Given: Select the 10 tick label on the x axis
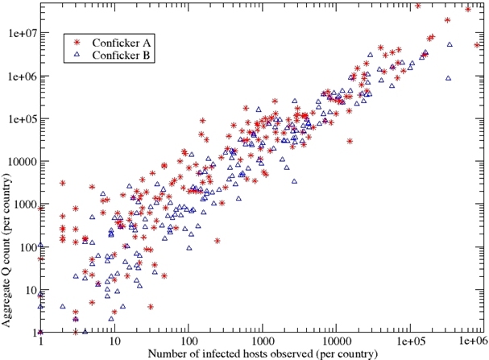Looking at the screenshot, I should click(114, 341).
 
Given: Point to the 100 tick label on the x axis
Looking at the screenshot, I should click(187, 341).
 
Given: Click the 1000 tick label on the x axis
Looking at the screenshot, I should click(261, 341).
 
